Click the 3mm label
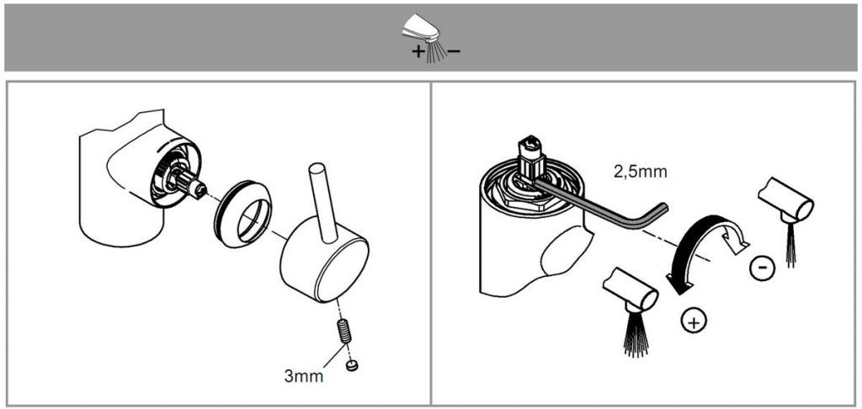tap(303, 376)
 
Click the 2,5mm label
tap(640, 172)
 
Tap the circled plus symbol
tap(694, 321)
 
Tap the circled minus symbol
tap(762, 268)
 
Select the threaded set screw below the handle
tap(345, 332)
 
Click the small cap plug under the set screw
tap(353, 364)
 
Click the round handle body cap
tap(324, 260)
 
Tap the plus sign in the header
tap(418, 52)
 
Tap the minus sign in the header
tap(454, 51)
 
